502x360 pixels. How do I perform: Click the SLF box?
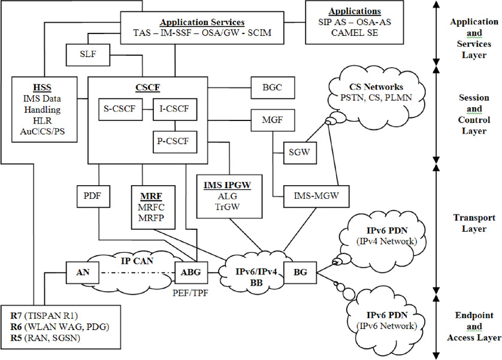point(88,56)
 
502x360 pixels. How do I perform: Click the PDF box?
point(92,196)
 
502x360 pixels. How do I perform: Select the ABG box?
point(191,272)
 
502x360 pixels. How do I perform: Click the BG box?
point(300,272)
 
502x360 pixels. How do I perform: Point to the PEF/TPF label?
point(191,293)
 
